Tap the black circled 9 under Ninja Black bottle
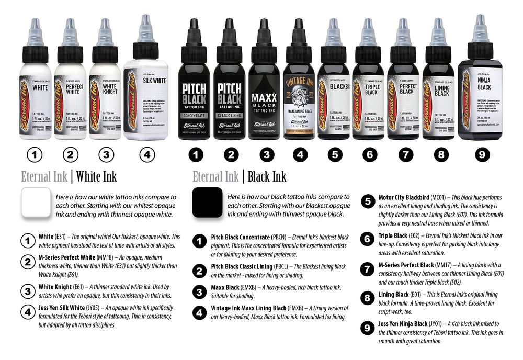point(482,154)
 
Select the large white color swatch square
point(36,204)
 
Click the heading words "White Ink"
point(96,177)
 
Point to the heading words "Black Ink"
point(267,177)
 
